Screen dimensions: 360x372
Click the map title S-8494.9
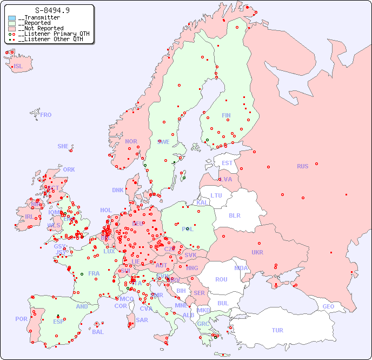[x=52, y=10]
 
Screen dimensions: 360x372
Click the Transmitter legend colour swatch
[x=12, y=18]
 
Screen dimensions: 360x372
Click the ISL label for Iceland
[x=18, y=67]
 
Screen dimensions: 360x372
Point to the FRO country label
[x=46, y=115]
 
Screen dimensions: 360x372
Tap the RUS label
[x=302, y=166]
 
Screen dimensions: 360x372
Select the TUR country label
[x=277, y=330]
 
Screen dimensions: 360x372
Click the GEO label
[x=328, y=306]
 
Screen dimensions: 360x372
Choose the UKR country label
[x=257, y=252]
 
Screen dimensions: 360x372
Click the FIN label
[x=226, y=115]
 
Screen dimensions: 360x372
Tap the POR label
[x=21, y=319]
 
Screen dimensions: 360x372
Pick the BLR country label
[x=235, y=215]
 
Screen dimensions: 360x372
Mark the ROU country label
[x=221, y=279]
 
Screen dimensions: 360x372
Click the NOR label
[x=131, y=141]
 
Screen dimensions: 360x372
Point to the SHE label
[x=63, y=146]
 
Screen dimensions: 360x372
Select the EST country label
[x=227, y=163]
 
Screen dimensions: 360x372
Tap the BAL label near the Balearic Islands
[x=97, y=332]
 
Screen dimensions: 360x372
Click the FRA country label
[x=94, y=273]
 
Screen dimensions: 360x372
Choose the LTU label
[x=216, y=195]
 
